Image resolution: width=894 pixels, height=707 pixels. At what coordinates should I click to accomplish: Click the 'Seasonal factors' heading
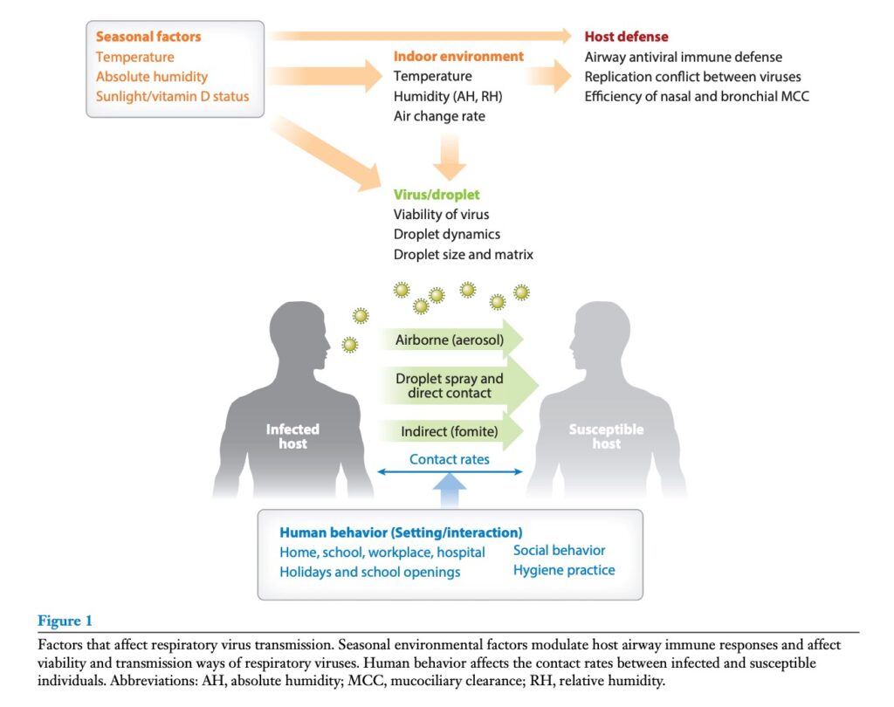point(148,37)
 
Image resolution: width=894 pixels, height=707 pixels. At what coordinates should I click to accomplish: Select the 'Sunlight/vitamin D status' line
point(172,96)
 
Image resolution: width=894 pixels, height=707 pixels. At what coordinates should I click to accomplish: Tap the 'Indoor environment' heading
point(458,57)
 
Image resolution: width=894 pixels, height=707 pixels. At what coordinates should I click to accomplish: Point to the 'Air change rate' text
point(439,116)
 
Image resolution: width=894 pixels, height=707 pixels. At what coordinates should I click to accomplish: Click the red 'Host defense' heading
point(626,37)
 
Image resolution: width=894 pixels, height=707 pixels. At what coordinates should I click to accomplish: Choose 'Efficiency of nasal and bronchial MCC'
point(697,96)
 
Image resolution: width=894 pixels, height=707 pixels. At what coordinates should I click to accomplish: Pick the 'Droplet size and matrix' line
point(463,255)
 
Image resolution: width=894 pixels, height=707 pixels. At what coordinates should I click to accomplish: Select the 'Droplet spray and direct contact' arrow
point(454,386)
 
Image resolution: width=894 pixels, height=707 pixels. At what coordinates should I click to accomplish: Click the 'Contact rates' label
point(450,459)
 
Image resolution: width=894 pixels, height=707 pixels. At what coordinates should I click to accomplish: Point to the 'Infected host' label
point(292,436)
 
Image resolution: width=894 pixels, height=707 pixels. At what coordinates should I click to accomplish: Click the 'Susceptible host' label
point(606,436)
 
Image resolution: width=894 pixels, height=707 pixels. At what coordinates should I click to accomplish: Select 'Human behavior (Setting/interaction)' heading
point(401,532)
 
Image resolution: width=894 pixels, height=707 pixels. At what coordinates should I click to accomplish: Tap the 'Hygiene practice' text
point(564,570)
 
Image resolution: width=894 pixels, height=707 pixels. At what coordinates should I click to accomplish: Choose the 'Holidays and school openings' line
point(369,573)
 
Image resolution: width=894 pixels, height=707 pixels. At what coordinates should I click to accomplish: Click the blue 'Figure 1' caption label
point(65,621)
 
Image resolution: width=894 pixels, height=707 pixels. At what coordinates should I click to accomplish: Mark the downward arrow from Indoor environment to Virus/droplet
point(449,157)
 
